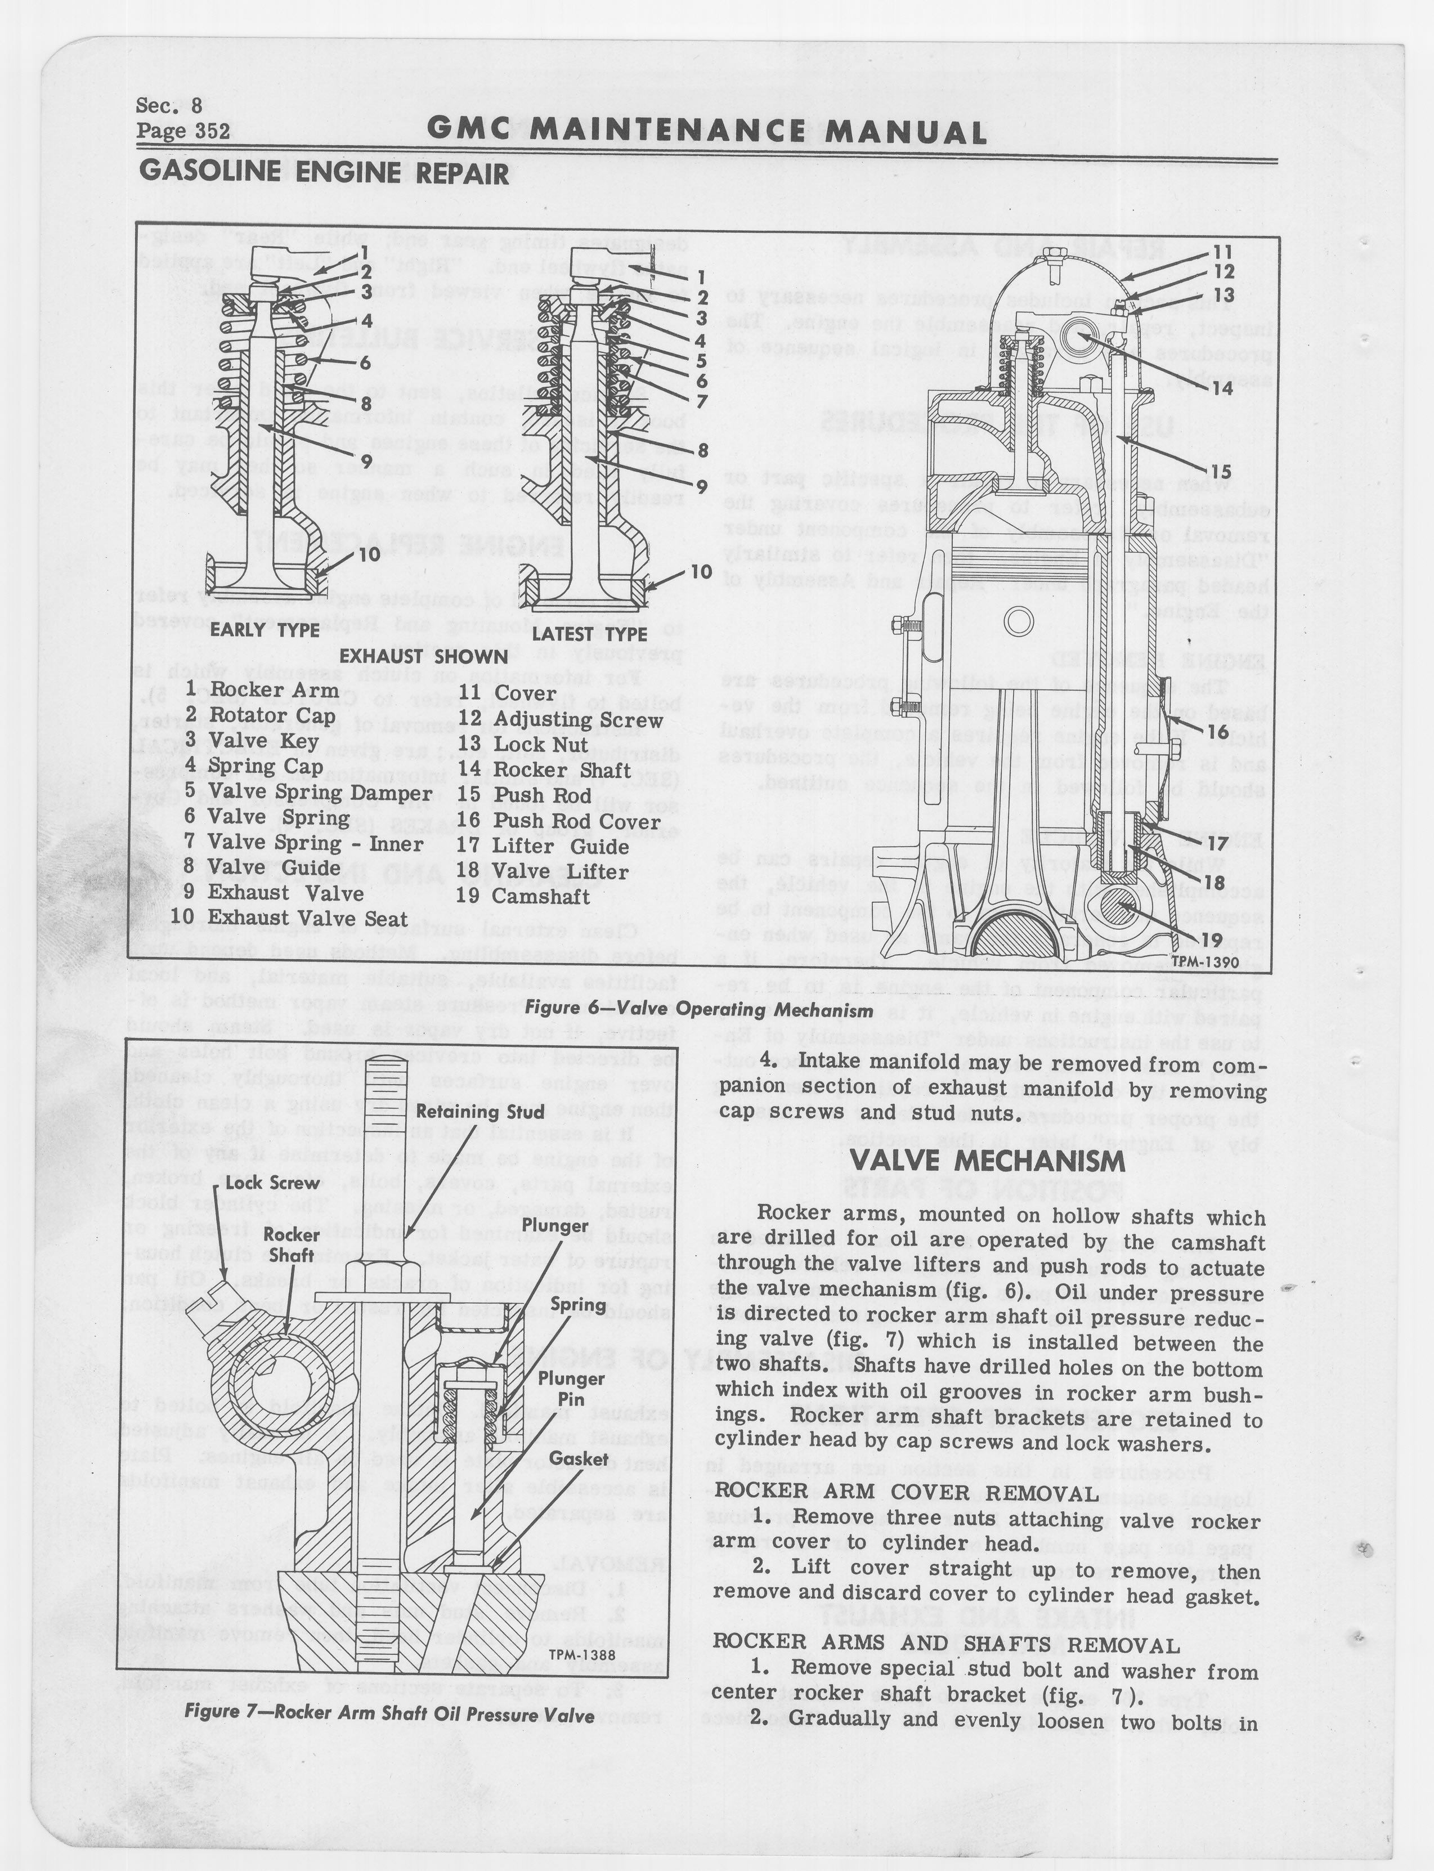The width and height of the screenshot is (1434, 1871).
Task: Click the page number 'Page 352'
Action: pyautogui.click(x=183, y=131)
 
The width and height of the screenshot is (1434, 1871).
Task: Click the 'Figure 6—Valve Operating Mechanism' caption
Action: pyautogui.click(x=698, y=1010)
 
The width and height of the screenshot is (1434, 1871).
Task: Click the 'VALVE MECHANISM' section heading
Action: pyautogui.click(x=988, y=1161)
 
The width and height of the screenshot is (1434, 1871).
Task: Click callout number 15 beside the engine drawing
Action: pyautogui.click(x=1221, y=471)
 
